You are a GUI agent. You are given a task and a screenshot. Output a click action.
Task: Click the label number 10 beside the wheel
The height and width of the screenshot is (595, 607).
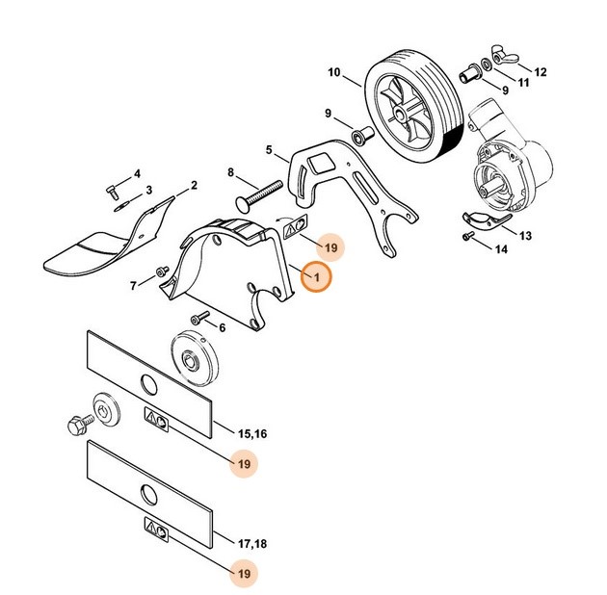point(334,73)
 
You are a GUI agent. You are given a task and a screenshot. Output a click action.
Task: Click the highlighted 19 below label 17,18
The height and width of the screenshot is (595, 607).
point(245,573)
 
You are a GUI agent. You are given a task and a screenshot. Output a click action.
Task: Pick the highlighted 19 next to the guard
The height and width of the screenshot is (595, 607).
point(330,248)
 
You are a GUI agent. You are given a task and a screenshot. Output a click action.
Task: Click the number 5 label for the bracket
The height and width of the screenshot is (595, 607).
point(271,150)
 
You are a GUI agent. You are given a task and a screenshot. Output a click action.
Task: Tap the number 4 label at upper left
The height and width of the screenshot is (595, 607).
point(137,173)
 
